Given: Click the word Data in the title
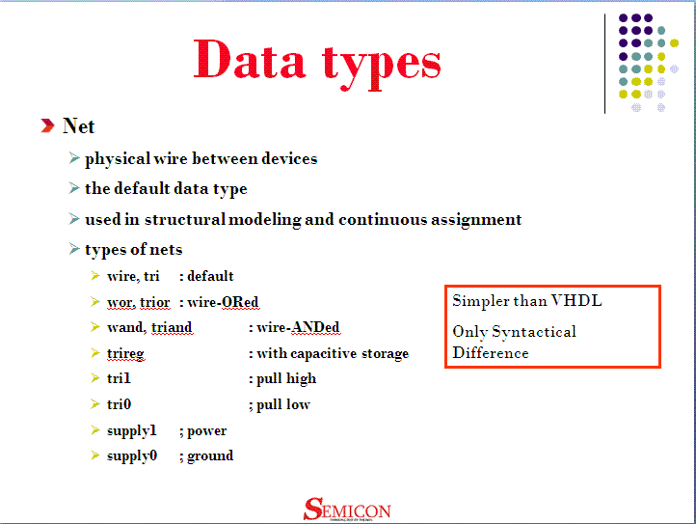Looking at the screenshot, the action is pos(250,59).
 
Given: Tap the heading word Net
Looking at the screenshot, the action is pos(79,126).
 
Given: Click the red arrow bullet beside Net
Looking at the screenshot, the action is pos(47,125).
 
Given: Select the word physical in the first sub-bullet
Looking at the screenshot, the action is pos(118,159).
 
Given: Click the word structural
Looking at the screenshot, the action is pos(185,220).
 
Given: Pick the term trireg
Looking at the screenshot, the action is pos(125,354).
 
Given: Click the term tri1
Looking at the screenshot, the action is pos(119,378).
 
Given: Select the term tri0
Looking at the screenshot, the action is pos(119,404).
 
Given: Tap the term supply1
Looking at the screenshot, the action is pos(132,430).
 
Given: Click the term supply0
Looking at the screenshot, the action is pos(132,456).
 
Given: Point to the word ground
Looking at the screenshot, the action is pos(210,456).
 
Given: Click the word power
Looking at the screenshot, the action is pos(207,431).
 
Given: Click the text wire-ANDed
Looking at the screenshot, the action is pos(298,327).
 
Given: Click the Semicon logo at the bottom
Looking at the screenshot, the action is pos(347,510).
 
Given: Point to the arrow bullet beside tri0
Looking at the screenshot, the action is pos(95,403).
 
